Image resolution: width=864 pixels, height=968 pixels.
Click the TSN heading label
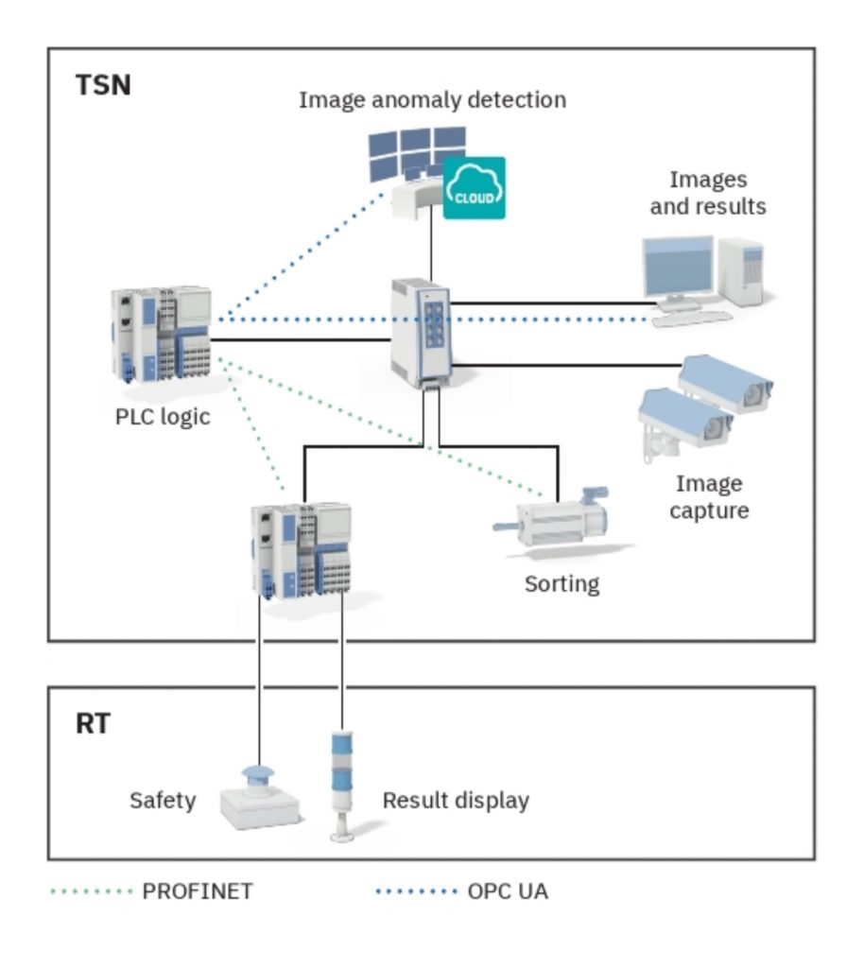coord(103,86)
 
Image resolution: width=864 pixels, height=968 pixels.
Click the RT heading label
coord(93,725)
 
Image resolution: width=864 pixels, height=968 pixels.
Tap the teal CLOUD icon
coord(474,188)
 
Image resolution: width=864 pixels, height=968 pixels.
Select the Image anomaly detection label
coord(432,99)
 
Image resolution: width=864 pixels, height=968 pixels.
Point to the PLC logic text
coord(163,416)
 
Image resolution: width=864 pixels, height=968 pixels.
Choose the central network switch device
coord(423,331)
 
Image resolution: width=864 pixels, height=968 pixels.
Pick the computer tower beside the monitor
coord(740,271)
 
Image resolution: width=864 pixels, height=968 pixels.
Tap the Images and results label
coord(707,192)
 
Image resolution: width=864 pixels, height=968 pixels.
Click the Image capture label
coord(708,497)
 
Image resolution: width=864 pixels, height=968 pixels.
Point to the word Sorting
coord(562,583)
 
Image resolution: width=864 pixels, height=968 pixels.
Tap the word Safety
coord(163,801)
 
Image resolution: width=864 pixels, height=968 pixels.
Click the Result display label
coord(456,801)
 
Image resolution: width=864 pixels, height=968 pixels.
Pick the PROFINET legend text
coord(198,890)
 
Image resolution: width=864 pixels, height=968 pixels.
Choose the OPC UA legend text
coord(507,890)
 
